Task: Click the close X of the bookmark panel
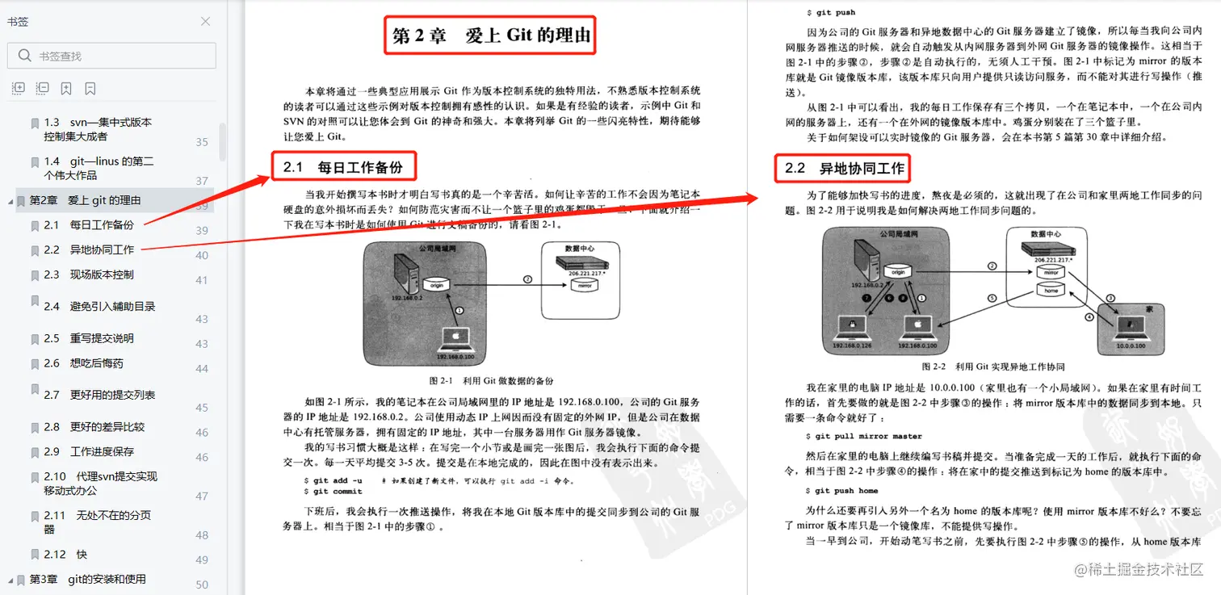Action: [205, 22]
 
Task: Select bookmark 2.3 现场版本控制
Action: [101, 274]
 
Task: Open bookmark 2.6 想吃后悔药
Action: [96, 363]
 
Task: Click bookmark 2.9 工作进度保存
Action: [101, 452]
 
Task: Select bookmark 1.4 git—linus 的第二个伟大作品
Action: [99, 168]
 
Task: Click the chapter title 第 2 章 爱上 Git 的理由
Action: [490, 36]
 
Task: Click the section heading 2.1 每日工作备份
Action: [343, 168]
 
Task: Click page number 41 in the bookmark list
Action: [202, 280]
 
